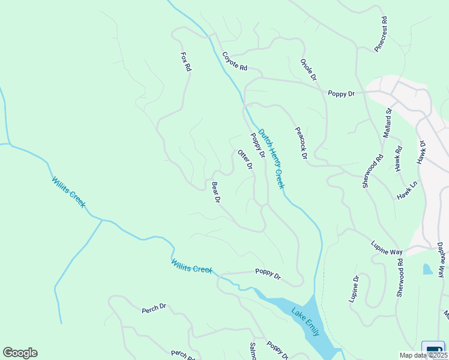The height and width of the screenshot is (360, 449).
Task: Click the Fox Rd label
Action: (185, 62)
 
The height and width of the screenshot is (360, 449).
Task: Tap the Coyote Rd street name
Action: (235, 62)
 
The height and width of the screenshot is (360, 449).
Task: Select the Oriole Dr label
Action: (309, 70)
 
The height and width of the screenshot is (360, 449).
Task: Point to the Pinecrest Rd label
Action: (381, 38)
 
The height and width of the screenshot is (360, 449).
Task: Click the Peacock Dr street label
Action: (301, 143)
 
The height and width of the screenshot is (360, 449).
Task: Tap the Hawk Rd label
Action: (399, 159)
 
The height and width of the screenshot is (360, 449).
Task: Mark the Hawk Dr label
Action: (421, 152)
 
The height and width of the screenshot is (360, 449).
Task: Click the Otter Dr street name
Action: (245, 160)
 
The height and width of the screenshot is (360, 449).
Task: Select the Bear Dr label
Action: (217, 192)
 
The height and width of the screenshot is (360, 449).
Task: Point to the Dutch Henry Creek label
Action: (271, 160)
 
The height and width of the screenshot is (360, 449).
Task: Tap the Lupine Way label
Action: (387, 249)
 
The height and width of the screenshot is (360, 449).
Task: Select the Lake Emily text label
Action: (307, 322)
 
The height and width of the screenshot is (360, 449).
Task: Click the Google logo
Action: (20, 353)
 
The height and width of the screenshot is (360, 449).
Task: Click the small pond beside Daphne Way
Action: (427, 269)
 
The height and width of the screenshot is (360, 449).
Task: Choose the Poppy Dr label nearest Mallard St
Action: (342, 94)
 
